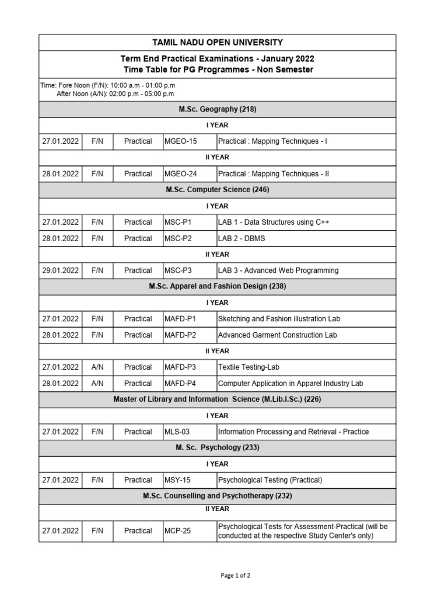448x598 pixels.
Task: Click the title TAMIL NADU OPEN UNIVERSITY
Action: [x=217, y=43]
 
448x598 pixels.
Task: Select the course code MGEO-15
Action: [x=180, y=141]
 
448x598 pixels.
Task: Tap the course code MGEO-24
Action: [x=180, y=174]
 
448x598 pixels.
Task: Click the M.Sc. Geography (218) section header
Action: [x=217, y=109]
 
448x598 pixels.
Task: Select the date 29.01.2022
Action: [x=60, y=270]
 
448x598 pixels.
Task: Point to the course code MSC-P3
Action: [x=178, y=270]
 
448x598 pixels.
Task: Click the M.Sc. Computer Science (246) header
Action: [x=217, y=190]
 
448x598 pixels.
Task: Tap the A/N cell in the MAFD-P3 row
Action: [x=97, y=367]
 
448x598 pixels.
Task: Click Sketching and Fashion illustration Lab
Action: [x=279, y=319]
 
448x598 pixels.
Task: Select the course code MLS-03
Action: [x=177, y=432]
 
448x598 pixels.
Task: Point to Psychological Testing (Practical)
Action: [x=269, y=480]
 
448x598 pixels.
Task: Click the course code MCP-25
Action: [x=177, y=531]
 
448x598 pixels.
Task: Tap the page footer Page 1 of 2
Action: [x=236, y=575]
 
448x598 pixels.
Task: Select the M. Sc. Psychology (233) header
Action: [x=217, y=448]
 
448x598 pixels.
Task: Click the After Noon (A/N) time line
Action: [x=115, y=93]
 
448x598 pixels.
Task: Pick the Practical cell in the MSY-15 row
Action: [x=138, y=480]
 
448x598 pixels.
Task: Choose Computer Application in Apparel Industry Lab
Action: [x=290, y=384]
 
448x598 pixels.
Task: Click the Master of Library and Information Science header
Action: [x=217, y=399]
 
